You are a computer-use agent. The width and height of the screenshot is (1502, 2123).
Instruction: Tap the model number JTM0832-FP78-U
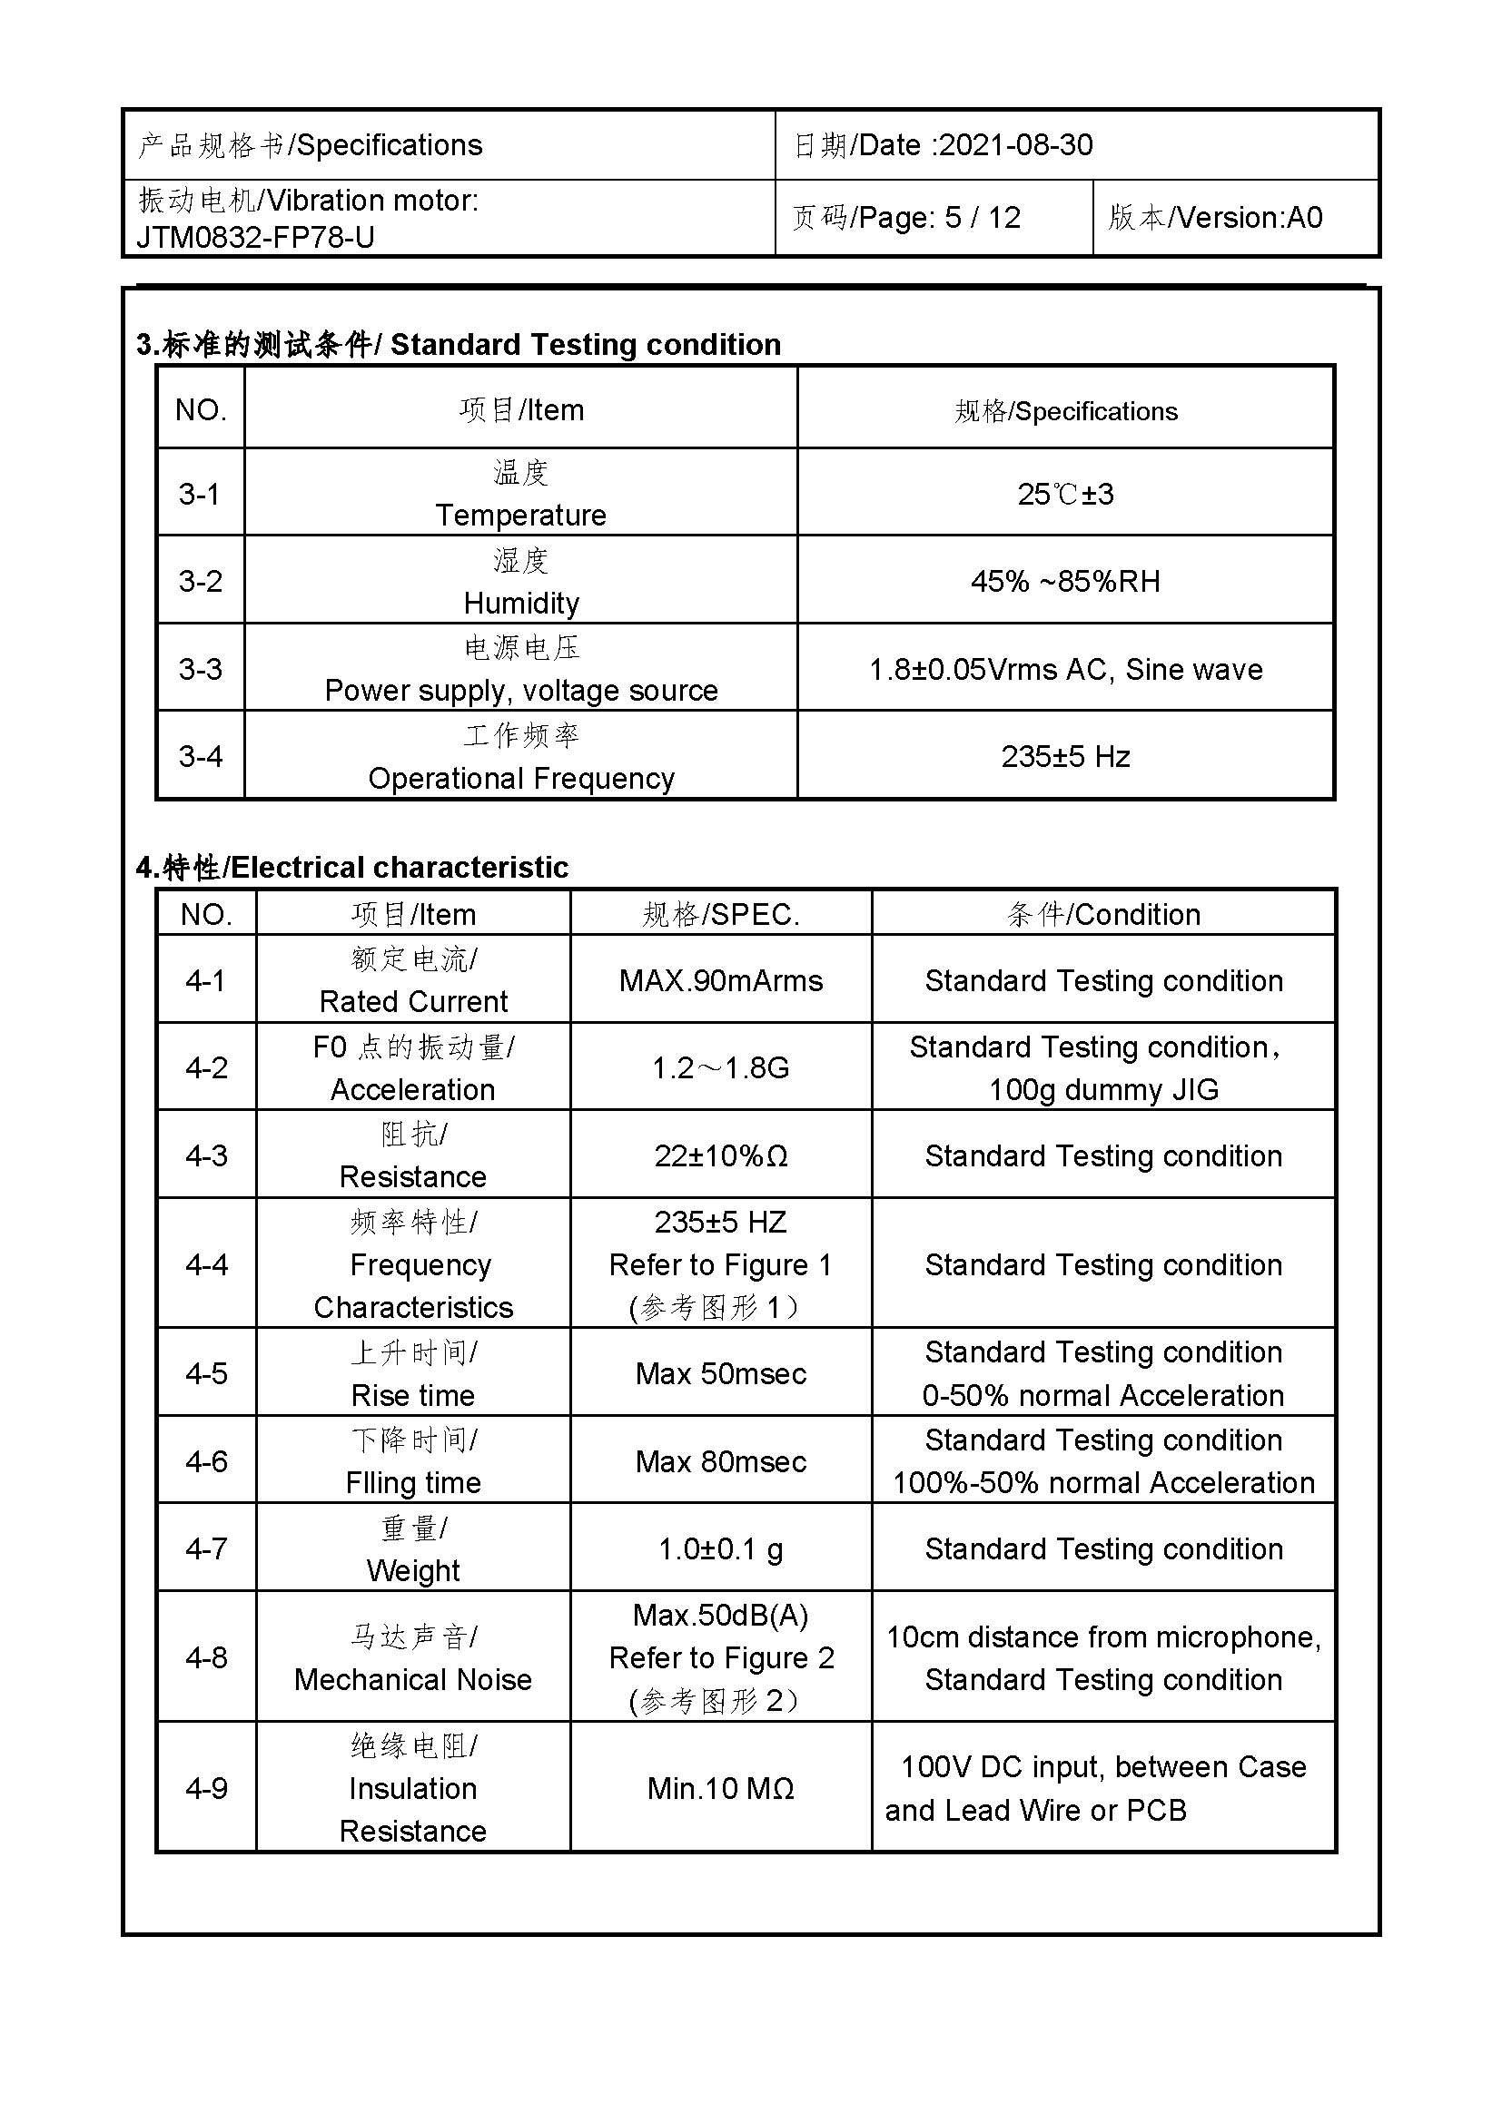[x=255, y=238]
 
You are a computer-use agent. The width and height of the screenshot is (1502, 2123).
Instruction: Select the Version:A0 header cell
[x=1215, y=218]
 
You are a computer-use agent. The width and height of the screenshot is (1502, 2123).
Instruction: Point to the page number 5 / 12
[x=983, y=218]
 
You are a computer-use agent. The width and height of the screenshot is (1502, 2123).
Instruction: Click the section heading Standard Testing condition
[x=585, y=345]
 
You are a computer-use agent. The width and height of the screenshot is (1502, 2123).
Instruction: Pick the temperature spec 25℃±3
[x=1065, y=494]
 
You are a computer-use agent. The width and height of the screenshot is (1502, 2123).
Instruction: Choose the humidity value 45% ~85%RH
[x=1065, y=582]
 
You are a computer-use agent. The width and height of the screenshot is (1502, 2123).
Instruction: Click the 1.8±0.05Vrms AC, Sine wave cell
[x=1065, y=670]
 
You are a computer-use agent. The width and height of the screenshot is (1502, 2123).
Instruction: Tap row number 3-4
[x=201, y=756]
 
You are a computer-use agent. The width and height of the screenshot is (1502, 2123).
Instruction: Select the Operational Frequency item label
[x=520, y=779]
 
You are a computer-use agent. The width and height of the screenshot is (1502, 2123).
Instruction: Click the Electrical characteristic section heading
[x=399, y=868]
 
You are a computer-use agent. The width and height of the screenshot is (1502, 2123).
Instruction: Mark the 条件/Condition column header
[x=1103, y=915]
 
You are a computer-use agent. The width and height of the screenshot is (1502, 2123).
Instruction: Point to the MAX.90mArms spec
[x=720, y=980]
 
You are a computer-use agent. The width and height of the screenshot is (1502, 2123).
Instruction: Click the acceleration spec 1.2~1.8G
[x=720, y=1068]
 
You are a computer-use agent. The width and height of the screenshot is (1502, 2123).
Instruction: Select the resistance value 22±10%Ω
[x=720, y=1155]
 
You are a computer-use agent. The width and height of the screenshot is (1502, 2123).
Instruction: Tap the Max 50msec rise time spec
[x=720, y=1374]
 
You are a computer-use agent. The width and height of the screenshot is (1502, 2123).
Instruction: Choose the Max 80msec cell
[x=720, y=1462]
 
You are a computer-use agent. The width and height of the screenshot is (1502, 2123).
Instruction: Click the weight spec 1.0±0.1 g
[x=720, y=1548]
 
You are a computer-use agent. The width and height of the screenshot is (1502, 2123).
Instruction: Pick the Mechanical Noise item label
[x=412, y=1679]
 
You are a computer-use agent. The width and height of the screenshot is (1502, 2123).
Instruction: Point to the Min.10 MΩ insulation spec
[x=720, y=1788]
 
